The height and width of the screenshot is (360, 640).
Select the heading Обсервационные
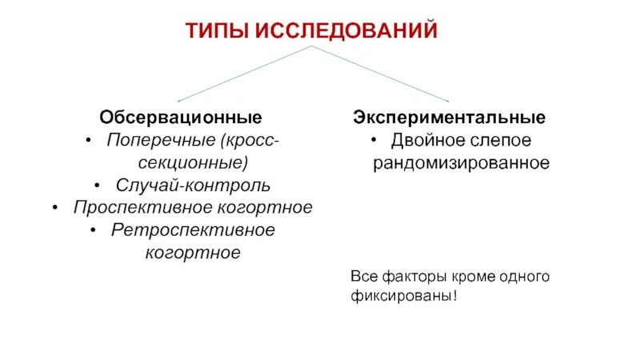click(181, 118)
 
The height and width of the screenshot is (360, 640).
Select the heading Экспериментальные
click(450, 118)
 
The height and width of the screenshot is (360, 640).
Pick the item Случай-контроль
click(193, 185)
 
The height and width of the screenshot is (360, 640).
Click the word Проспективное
click(141, 207)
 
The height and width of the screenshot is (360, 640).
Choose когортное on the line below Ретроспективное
click(193, 252)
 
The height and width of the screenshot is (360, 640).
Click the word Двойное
click(425, 141)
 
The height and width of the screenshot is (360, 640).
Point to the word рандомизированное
click(460, 162)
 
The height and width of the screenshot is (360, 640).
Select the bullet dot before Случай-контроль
click(97, 186)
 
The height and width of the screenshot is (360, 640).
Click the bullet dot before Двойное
click(374, 142)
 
